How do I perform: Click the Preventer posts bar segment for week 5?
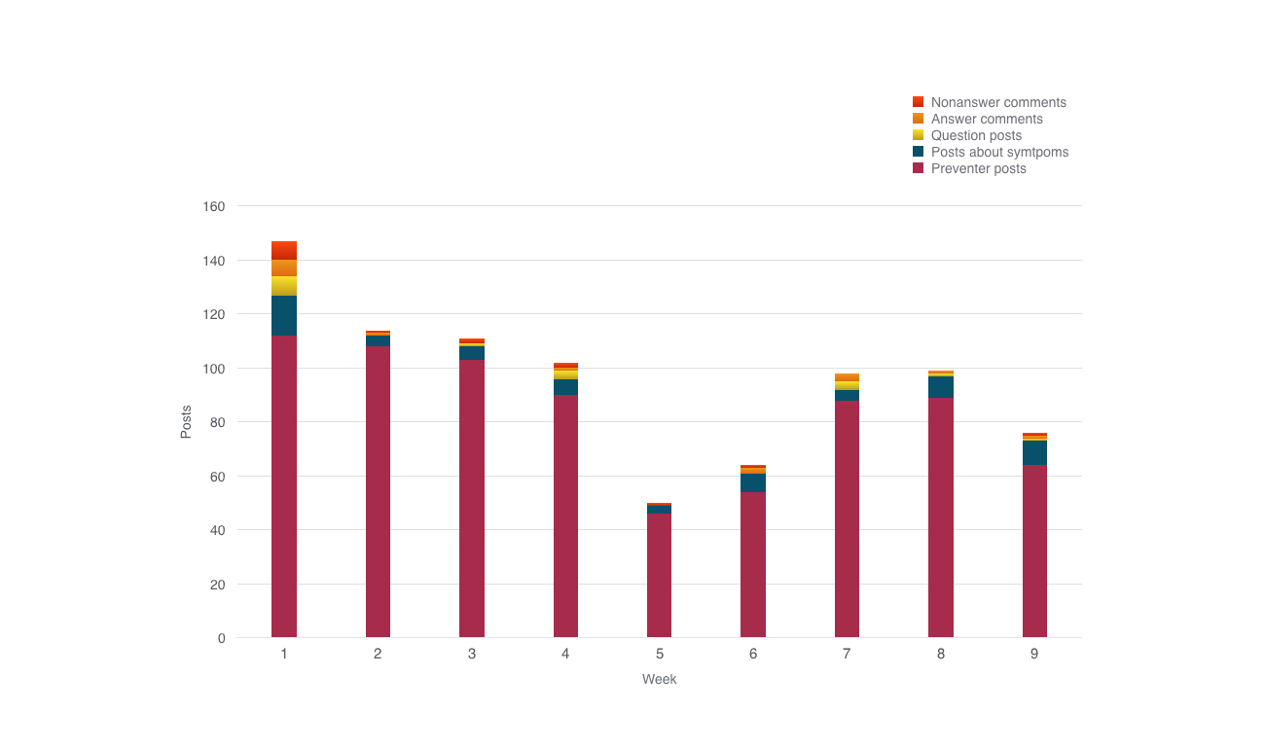[659, 575]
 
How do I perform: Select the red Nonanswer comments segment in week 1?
[284, 250]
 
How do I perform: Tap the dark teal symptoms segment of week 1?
[284, 315]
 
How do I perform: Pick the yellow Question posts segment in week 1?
[284, 286]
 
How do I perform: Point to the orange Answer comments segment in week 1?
[284, 267]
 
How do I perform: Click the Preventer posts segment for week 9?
[1034, 551]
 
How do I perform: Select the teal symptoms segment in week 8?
[940, 387]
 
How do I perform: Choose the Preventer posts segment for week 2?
[378, 491]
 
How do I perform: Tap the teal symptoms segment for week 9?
[1034, 452]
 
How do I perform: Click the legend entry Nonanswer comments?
[998, 102]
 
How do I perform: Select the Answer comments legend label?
[987, 119]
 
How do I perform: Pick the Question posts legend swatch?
[918, 135]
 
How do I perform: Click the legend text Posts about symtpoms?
[999, 152]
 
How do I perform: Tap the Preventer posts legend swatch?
[918, 168]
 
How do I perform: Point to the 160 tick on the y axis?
[215, 206]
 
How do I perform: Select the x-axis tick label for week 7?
[847, 654]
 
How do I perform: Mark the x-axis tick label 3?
[472, 654]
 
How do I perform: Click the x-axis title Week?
[659, 679]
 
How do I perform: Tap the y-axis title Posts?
[186, 422]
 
